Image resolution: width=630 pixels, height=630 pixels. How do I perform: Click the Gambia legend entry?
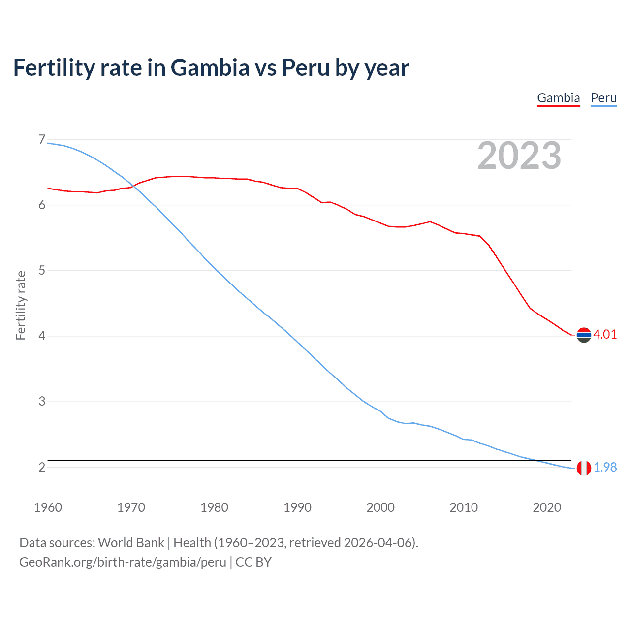pos(558,98)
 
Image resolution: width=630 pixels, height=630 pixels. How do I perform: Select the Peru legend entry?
pos(603,98)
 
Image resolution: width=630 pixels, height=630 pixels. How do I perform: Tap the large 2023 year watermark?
pos(519,156)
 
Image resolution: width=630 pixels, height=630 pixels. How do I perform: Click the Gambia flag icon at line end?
pos(584,335)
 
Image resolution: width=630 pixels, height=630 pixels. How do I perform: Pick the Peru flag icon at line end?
pos(584,468)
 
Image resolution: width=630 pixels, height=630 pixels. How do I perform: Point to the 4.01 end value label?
pos(605,334)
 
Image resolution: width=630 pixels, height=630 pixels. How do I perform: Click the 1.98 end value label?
pos(605,467)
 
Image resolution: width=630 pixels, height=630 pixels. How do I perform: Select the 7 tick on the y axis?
pos(42,140)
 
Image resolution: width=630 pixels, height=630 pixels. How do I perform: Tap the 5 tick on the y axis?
pos(42,270)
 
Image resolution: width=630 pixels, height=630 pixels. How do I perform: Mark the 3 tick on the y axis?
pos(42,401)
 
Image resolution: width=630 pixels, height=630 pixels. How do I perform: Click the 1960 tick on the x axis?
pos(48,507)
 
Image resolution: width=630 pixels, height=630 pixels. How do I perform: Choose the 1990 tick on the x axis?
pos(297,507)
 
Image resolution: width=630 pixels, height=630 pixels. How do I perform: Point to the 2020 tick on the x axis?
pos(547,507)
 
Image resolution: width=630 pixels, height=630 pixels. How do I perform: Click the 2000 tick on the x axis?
pos(380,507)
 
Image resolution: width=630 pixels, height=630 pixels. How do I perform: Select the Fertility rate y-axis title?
pos(21,305)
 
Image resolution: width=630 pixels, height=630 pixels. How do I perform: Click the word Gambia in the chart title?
pos(210,67)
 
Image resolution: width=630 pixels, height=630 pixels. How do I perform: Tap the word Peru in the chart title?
pos(306,67)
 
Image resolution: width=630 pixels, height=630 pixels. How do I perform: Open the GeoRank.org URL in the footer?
pos(123,562)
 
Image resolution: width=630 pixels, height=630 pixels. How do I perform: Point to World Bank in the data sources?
pos(131,543)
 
